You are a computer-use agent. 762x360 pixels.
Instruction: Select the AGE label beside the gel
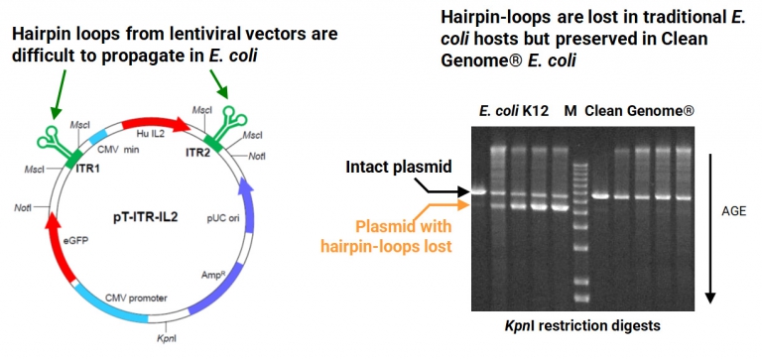pyautogui.click(x=734, y=211)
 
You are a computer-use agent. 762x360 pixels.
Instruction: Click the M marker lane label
pyautogui.click(x=570, y=109)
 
